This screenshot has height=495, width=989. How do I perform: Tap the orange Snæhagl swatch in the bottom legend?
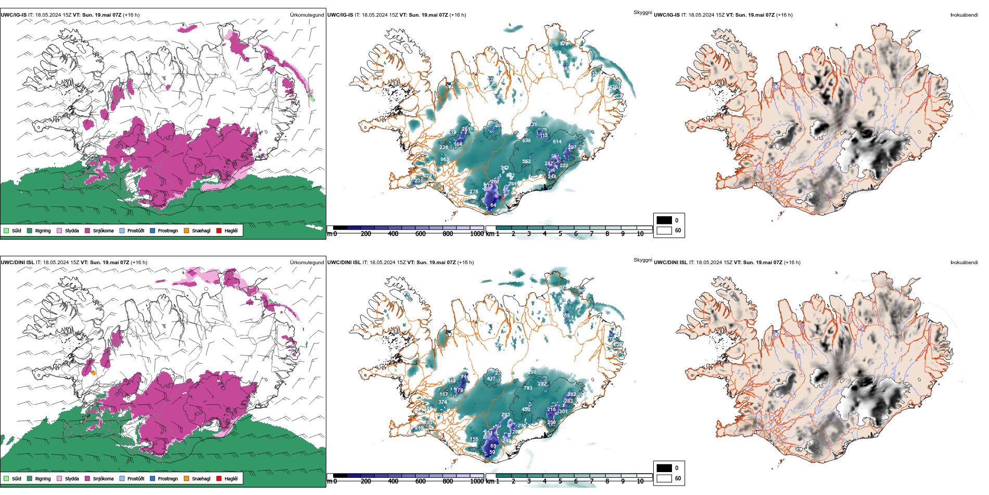pos(186,478)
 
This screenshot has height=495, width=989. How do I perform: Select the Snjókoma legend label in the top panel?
pos(103,230)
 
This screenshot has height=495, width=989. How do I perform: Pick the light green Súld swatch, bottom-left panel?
pos(6,478)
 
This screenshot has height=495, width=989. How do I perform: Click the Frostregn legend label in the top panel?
pos(168,230)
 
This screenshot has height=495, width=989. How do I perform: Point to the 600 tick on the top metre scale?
pos(421,234)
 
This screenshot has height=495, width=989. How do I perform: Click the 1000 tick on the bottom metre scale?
pos(477,481)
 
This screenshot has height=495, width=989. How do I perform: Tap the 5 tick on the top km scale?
pos(560,234)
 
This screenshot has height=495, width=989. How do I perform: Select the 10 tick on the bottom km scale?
pos(640,481)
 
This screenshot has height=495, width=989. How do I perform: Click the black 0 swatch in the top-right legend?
pos(664,220)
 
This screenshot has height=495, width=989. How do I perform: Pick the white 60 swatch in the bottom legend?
pos(664,478)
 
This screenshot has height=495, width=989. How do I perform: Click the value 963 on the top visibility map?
pos(445,160)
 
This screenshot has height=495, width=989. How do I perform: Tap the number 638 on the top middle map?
pos(526,141)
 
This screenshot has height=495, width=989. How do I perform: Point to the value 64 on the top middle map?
pos(493,205)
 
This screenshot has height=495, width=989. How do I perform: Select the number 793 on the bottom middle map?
pos(528,388)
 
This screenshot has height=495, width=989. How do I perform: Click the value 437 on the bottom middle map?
pos(491,379)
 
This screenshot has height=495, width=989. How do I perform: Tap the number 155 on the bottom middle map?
pos(474,439)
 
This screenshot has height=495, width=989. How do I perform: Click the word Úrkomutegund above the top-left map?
pos(307,15)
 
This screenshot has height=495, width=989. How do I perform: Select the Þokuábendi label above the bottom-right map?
pos(964,263)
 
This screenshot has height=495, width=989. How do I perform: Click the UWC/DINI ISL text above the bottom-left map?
pos(17,263)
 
